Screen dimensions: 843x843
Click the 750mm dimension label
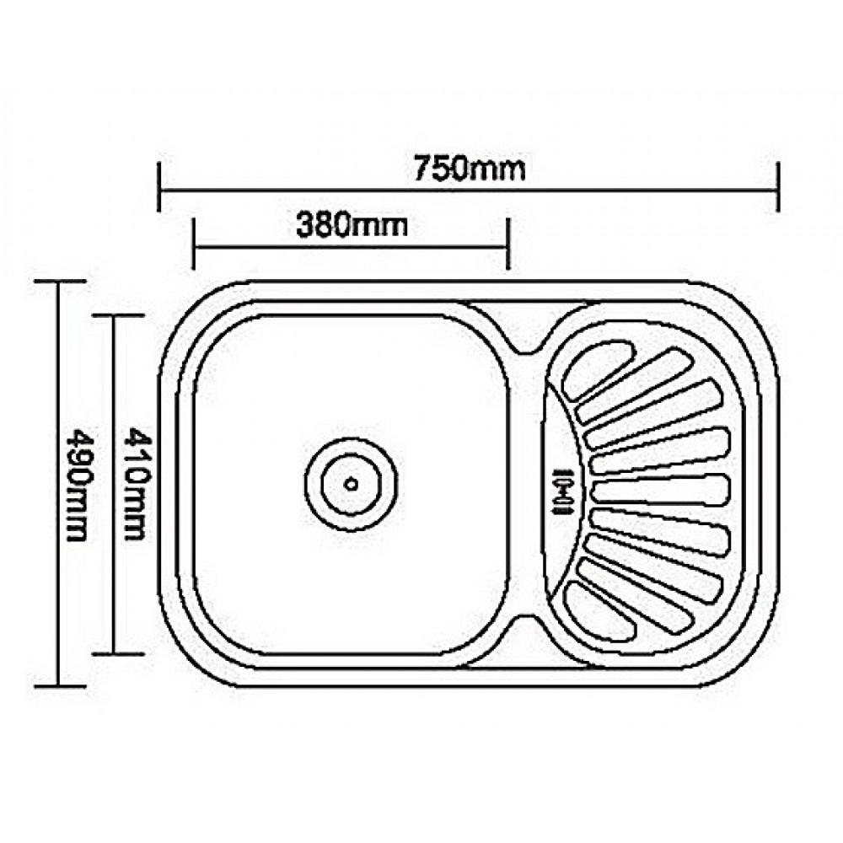pos(469,169)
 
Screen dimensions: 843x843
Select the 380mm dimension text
pos(352,226)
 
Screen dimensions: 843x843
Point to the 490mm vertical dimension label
pos(76,484)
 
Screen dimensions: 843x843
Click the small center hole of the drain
pos(351,484)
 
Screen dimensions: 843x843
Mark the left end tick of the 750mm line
pos(159,187)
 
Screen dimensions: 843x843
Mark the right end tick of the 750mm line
pos(777,187)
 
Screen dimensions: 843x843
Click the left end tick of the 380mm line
pos(193,244)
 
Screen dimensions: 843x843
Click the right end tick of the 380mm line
pos(507,244)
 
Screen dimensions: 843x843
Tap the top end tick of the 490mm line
pos(59,282)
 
